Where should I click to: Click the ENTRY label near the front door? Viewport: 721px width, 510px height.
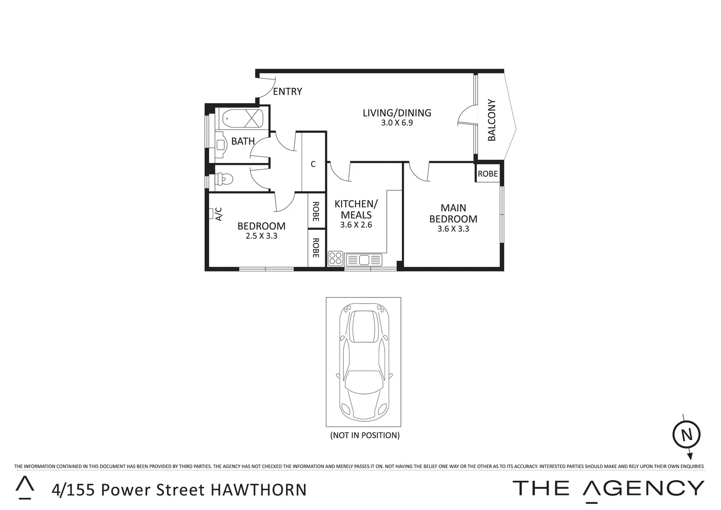287,92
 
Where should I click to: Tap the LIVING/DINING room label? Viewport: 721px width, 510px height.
397,113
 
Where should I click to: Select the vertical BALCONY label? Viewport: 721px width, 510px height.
492,120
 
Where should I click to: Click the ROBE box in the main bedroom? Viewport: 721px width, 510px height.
487,174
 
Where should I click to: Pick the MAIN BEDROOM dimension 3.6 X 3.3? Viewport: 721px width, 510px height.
453,229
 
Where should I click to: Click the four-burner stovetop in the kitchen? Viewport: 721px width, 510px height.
335,258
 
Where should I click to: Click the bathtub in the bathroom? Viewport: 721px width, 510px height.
242,118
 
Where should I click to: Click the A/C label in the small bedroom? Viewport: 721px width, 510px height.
218,214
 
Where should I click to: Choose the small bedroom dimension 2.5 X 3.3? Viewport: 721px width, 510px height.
261,236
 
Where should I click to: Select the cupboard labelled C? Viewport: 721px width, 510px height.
313,164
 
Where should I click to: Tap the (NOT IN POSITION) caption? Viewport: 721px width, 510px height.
365,435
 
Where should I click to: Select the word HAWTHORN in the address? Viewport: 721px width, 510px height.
258,490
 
